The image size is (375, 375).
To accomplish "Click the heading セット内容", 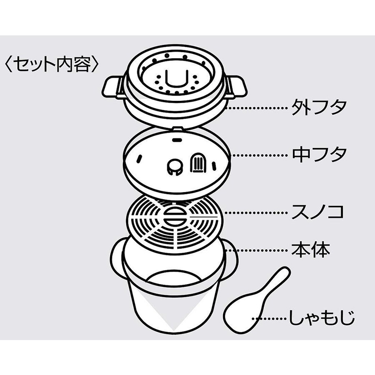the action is [x=52, y=64].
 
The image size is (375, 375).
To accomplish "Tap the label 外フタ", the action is [x=319, y=107].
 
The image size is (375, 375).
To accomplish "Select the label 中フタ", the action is [x=319, y=155].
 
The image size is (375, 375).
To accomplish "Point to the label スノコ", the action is [x=318, y=211].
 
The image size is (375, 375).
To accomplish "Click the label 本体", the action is [x=311, y=250].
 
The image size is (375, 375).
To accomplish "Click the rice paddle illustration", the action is [x=257, y=300].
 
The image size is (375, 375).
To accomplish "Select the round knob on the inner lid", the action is [x=174, y=166].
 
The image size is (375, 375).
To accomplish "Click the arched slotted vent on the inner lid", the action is [x=197, y=162].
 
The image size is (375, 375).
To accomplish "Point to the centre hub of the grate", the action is [x=174, y=217].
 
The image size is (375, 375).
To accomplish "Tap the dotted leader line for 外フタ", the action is [x=257, y=108].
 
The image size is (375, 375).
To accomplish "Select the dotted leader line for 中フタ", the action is [x=260, y=155].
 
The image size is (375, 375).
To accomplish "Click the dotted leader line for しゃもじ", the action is [x=270, y=319].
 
